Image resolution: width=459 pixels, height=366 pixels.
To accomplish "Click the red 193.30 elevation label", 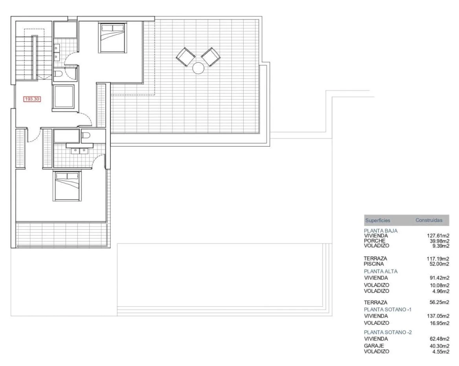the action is click(32, 99).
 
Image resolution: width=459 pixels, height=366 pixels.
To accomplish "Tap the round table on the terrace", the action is click(198, 68).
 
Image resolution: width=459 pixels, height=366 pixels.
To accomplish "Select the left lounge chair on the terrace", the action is click(185, 57).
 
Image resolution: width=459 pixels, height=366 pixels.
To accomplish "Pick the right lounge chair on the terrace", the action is click(211, 57).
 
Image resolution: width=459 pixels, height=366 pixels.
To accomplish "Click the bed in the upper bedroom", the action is click(112, 38).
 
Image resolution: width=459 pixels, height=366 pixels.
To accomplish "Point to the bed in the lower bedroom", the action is click(67, 186).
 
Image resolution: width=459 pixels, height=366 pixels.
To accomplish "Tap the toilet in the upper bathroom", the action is click(58, 74).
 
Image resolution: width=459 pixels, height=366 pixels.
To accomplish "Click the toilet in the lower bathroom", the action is click(86, 135).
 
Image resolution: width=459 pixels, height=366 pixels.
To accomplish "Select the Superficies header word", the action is click(378, 221).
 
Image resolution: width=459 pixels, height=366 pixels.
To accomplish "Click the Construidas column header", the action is click(429, 220).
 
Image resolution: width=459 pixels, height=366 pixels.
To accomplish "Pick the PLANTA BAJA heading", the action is click(380, 231).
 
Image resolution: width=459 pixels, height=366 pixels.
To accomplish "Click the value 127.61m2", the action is click(438, 236).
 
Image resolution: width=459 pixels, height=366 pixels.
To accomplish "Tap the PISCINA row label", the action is click(373, 264).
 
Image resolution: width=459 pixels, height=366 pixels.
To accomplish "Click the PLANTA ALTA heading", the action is click(380, 271).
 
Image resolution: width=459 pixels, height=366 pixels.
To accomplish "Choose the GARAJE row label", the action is click(374, 346).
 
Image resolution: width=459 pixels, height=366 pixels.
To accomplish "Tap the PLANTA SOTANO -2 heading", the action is click(388, 332).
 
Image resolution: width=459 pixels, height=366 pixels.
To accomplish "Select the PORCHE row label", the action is click(375, 241).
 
